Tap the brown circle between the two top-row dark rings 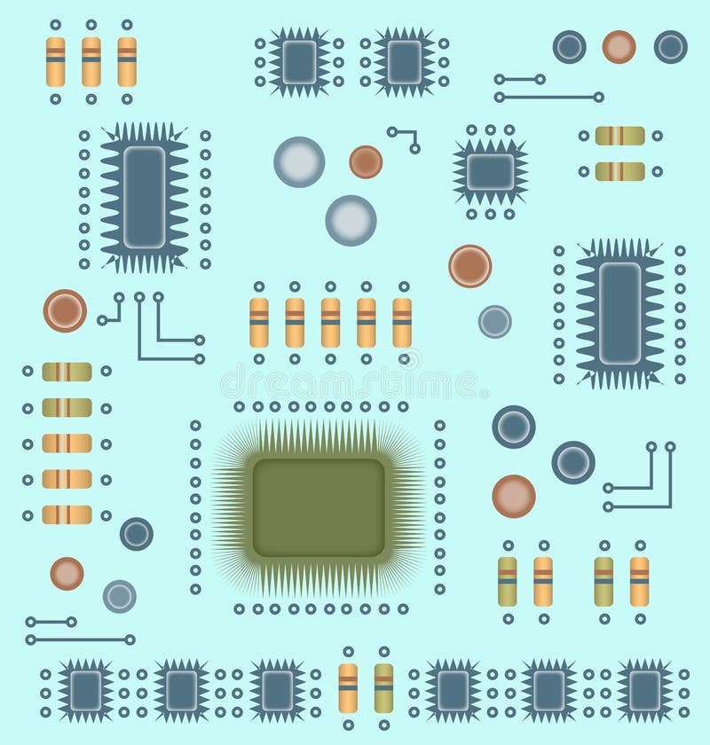click(x=619, y=47)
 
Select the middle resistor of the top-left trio click(x=91, y=61)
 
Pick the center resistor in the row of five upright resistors click(x=330, y=322)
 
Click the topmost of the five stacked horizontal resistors click(x=67, y=372)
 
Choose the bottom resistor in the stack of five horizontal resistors click(x=67, y=514)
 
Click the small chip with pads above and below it click(x=490, y=171)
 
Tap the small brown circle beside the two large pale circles click(x=366, y=161)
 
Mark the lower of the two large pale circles click(x=351, y=220)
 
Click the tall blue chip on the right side click(x=619, y=313)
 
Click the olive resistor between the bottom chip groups click(x=383, y=687)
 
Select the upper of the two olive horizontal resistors click(x=619, y=136)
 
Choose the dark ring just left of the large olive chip click(x=137, y=533)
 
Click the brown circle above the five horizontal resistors click(x=65, y=310)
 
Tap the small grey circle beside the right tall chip click(x=494, y=321)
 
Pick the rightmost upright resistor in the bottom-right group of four click(x=639, y=581)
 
